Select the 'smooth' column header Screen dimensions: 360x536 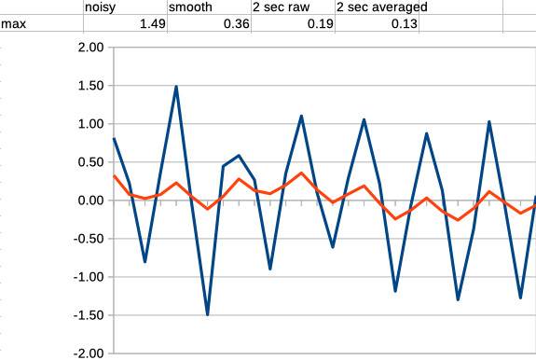point(190,7)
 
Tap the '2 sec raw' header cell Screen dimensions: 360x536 point(279,7)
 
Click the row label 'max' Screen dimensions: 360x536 point(13,24)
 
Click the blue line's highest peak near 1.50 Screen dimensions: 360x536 point(176,87)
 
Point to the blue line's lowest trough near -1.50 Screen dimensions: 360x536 point(207,314)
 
